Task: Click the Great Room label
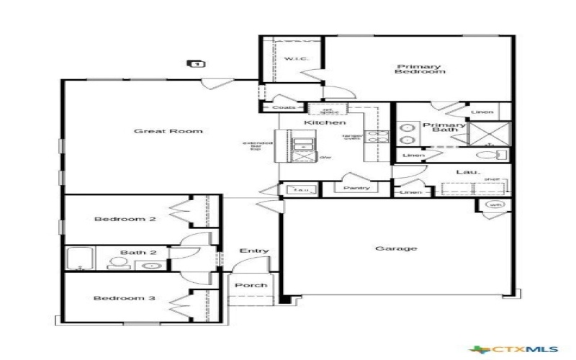pyautogui.click(x=168, y=131)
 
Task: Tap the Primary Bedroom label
pyautogui.click(x=418, y=70)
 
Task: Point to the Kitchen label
pyautogui.click(x=319, y=123)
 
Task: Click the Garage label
pyautogui.click(x=396, y=248)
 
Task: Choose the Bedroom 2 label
pyautogui.click(x=125, y=220)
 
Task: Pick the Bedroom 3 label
pyautogui.click(x=125, y=297)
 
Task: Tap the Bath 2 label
pyautogui.click(x=133, y=252)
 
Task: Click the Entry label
pyautogui.click(x=254, y=251)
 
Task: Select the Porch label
pyautogui.click(x=251, y=285)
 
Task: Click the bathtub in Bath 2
pyautogui.click(x=81, y=258)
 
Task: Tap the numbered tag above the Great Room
pyautogui.click(x=197, y=64)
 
